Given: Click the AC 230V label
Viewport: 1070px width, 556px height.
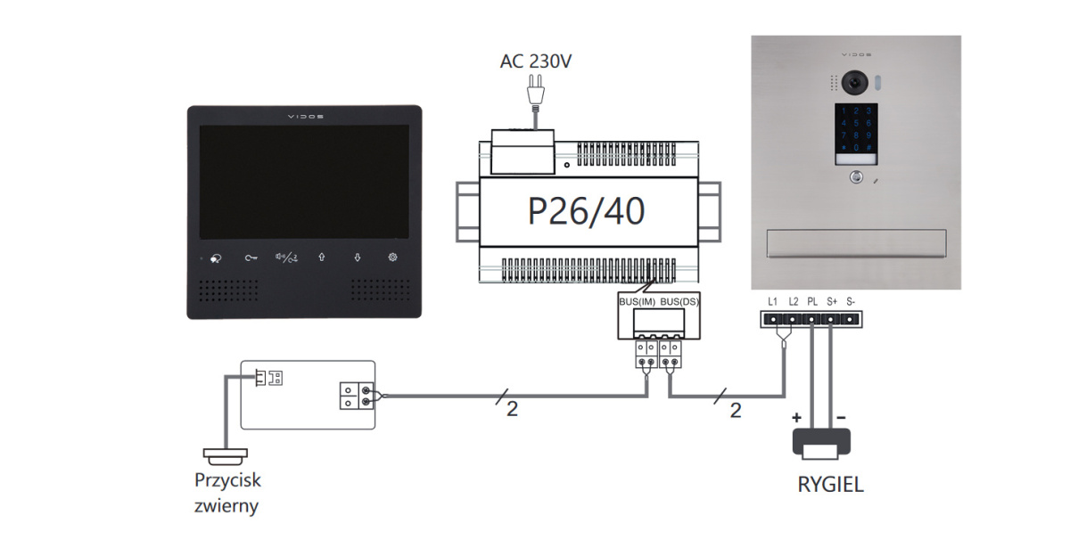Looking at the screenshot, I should (536, 61).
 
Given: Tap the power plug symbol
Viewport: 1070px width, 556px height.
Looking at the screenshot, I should (536, 89).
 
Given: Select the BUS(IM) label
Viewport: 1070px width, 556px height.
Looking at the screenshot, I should (638, 302).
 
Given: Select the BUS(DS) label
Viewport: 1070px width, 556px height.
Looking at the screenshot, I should (679, 302).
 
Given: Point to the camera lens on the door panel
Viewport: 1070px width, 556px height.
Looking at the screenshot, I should (856, 82).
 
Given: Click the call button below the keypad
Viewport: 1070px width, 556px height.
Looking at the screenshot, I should (856, 176).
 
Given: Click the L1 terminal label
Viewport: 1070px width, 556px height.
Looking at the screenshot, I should (773, 302).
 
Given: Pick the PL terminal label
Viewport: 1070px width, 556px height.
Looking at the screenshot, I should (812, 302).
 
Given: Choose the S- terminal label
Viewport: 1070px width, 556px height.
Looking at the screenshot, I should (851, 302).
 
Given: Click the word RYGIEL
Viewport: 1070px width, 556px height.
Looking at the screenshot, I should (830, 486).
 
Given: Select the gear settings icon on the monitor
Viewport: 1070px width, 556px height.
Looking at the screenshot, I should (392, 258).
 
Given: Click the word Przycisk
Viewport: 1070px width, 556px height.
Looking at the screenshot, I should (228, 480).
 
